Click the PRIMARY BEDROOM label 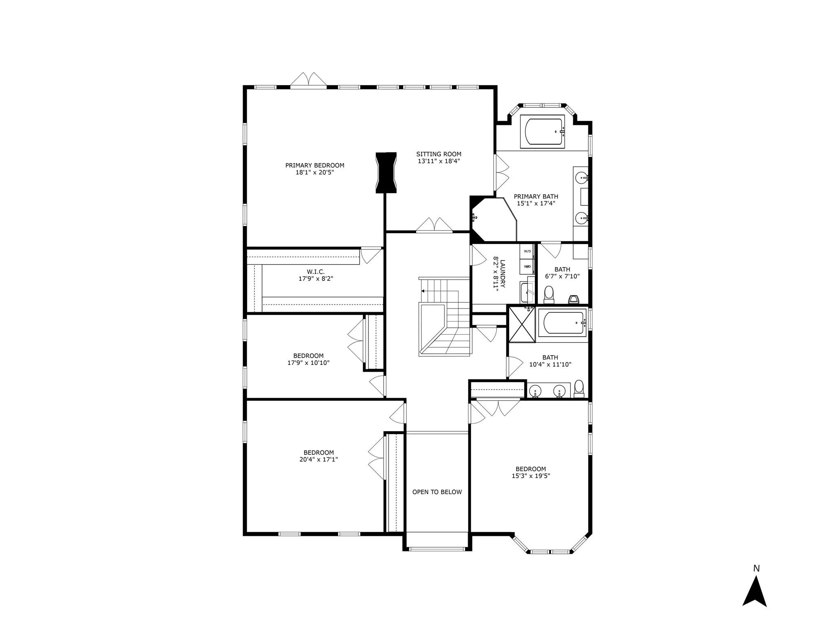(x=314, y=165)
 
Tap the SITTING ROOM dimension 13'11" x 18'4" (x=439, y=161)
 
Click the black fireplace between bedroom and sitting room (x=386, y=172)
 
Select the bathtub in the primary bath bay (x=543, y=131)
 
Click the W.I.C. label (x=316, y=272)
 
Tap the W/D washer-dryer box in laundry (x=527, y=251)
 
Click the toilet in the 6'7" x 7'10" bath (x=549, y=294)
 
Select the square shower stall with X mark (x=521, y=324)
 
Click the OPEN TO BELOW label (x=437, y=492)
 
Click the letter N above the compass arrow (x=756, y=568)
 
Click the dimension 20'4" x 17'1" (x=318, y=459)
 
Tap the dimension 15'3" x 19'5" (x=531, y=476)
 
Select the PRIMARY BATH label (x=536, y=196)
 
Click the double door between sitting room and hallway (x=434, y=226)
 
